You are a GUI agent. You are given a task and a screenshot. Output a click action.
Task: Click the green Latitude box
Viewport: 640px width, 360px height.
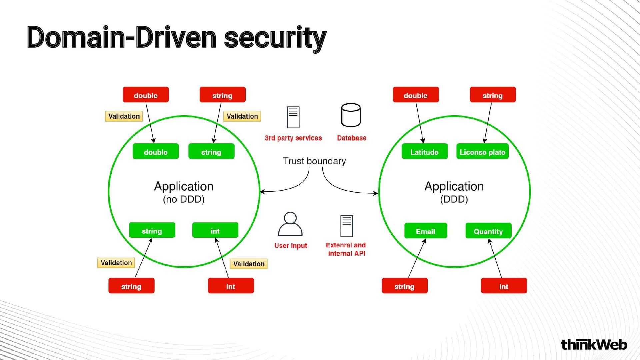point(424,152)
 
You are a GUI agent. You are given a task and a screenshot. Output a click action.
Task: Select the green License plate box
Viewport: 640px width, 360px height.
point(482,152)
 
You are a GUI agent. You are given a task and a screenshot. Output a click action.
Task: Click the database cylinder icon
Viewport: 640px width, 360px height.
point(351,115)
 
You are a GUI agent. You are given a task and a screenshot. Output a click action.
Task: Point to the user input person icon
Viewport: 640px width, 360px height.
point(290,224)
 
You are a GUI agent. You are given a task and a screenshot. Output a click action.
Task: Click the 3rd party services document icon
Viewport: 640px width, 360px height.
point(293,117)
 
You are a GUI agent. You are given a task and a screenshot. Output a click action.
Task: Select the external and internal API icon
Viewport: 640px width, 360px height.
point(347,226)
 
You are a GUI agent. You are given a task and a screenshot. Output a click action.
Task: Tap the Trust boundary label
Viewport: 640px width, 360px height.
point(314,161)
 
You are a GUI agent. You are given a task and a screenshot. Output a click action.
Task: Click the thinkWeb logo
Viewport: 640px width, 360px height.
point(594,345)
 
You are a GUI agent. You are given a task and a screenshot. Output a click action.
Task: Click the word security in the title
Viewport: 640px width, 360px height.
point(275,38)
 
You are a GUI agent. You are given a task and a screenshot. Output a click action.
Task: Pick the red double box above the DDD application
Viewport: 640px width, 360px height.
point(416,95)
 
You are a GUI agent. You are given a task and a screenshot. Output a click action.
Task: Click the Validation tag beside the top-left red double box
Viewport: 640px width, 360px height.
point(124,116)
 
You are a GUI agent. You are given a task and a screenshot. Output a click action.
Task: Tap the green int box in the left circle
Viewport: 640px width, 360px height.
point(215,230)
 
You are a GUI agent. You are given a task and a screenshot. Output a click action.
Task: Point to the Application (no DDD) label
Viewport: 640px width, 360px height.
point(184,192)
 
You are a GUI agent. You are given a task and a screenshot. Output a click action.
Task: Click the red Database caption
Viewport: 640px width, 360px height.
point(351,138)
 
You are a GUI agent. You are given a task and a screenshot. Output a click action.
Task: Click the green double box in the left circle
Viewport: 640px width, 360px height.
point(156,152)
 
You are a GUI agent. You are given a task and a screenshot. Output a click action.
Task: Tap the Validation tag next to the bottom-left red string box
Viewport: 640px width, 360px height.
point(116,263)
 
